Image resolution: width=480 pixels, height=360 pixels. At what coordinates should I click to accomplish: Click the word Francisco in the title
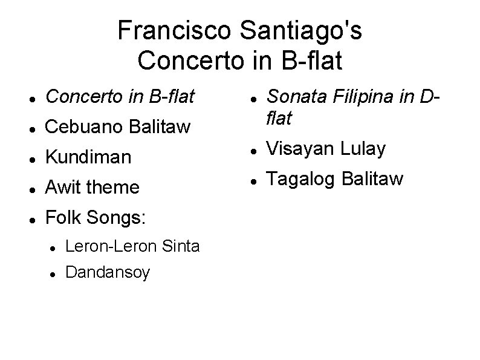(x=157, y=30)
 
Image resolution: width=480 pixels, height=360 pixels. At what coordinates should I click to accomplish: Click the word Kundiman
(x=88, y=157)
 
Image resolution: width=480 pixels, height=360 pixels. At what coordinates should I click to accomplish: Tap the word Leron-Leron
(x=112, y=246)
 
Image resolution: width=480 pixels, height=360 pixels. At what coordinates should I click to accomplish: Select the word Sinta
(x=181, y=246)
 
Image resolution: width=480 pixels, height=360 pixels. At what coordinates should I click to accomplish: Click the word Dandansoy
(x=107, y=272)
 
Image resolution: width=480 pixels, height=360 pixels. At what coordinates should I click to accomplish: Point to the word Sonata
(x=296, y=96)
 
